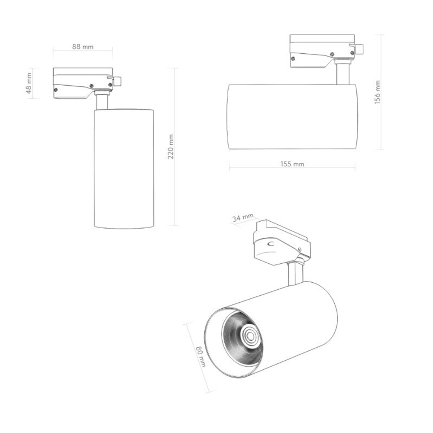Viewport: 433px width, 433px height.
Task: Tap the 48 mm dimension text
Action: (29, 83)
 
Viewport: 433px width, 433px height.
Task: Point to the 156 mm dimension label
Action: (377, 93)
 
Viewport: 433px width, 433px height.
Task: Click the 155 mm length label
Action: (292, 164)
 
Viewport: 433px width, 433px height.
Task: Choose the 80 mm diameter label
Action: (200, 357)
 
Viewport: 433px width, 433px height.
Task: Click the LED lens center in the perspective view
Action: (250, 336)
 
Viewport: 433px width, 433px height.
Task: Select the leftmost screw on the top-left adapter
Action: (56, 90)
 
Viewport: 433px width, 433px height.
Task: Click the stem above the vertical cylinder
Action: (102, 101)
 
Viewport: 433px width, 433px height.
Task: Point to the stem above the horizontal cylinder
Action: (342, 73)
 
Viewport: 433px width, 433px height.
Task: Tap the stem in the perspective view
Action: (295, 273)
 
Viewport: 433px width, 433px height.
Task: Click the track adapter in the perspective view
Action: (279, 242)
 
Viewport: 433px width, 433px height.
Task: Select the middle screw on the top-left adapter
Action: (91, 86)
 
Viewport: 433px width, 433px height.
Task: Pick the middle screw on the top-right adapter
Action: (332, 54)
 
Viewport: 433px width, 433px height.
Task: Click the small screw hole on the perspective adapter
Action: (299, 249)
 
